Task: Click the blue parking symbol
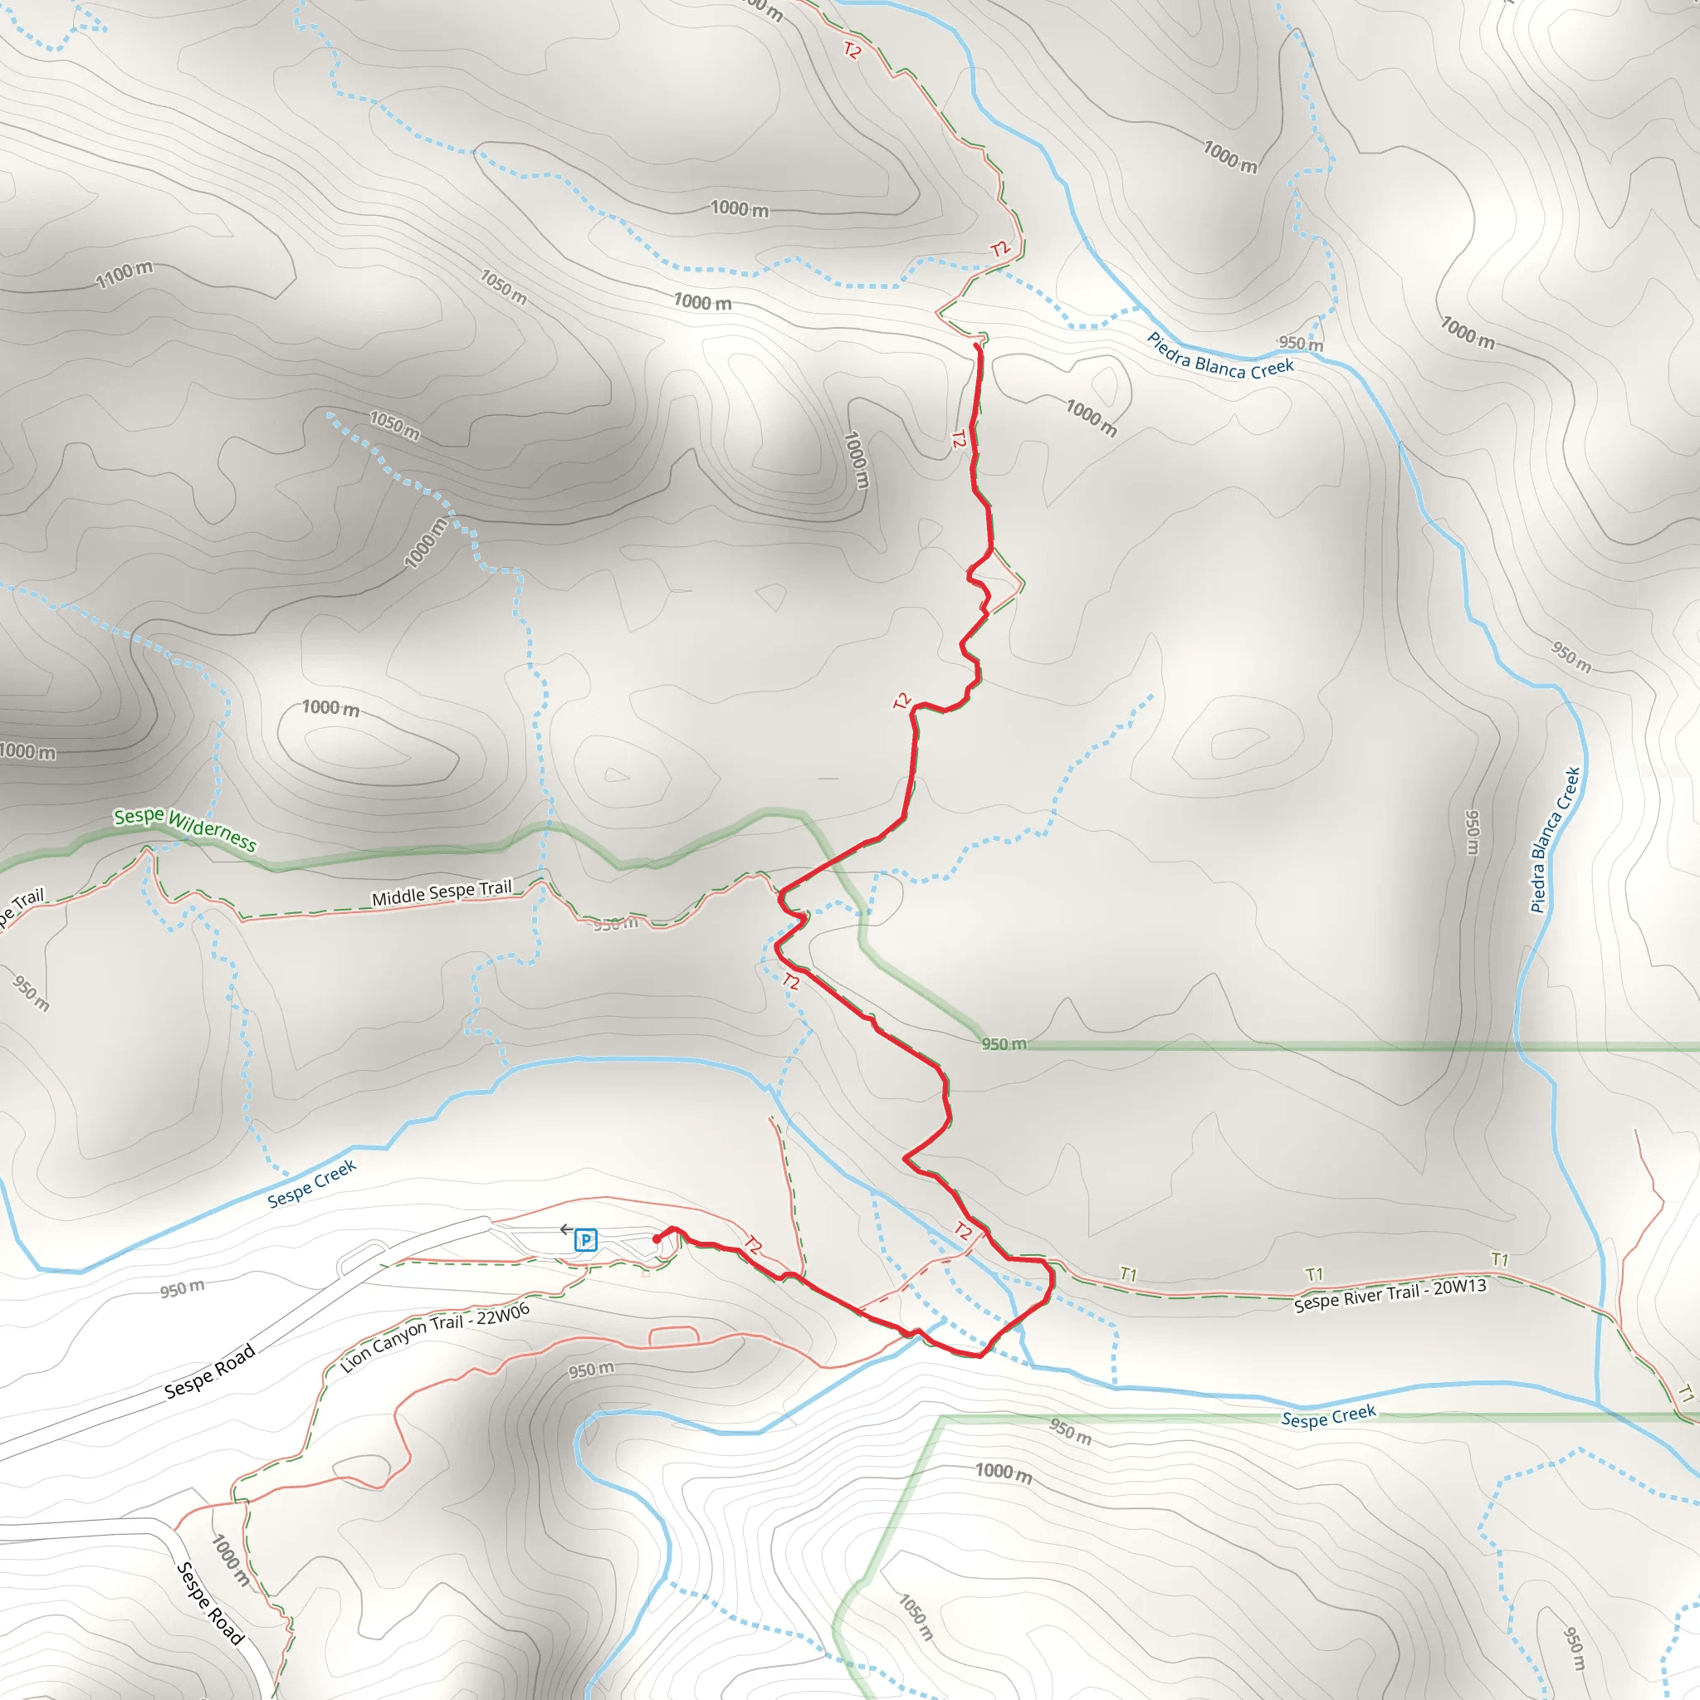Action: tap(585, 1241)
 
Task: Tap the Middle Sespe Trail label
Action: tap(442, 893)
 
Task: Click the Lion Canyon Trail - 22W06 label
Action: tap(436, 1336)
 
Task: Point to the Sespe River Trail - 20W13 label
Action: tap(1390, 1294)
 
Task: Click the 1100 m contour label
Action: tap(124, 274)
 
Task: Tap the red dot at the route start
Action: tap(657, 1240)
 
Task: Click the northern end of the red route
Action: tap(978, 347)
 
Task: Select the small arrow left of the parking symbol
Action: tap(566, 1229)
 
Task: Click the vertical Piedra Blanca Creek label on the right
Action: tap(1555, 840)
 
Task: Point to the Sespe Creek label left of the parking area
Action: tap(311, 1184)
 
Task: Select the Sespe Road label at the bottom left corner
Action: tap(209, 1603)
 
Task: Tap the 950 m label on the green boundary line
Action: tap(1004, 1043)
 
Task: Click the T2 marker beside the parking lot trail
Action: tap(753, 1244)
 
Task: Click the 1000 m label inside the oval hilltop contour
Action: tap(331, 707)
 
